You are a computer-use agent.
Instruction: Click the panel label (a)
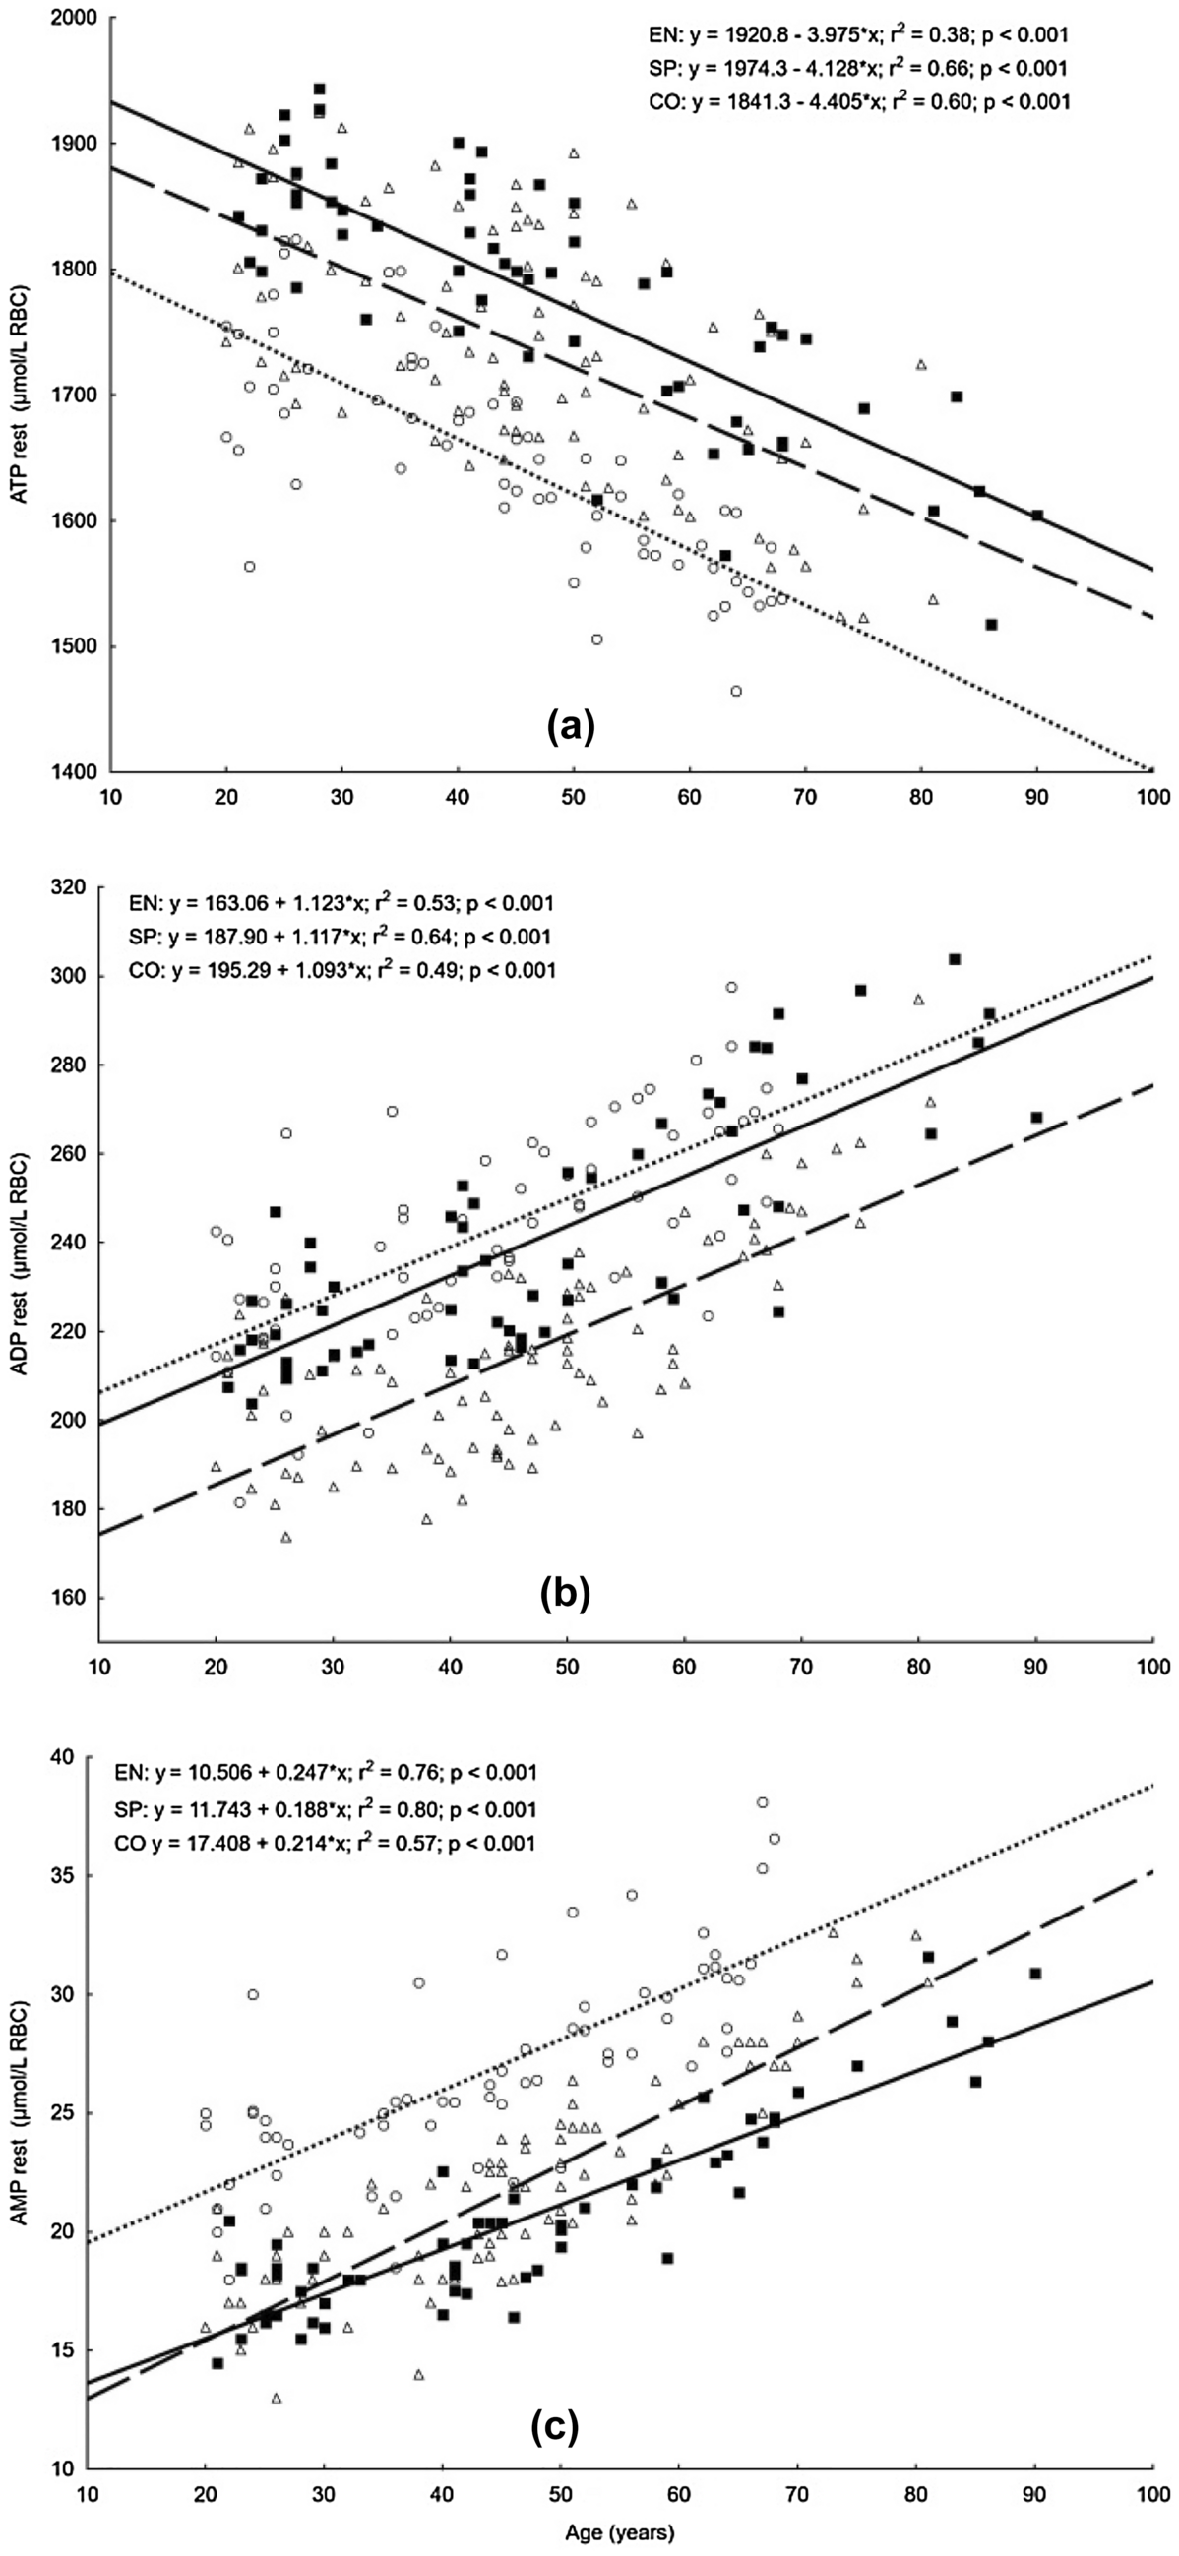click(571, 727)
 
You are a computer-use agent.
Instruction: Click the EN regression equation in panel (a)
click(856, 35)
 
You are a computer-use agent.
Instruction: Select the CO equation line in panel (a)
click(857, 100)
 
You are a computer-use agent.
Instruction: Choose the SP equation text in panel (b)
click(341, 937)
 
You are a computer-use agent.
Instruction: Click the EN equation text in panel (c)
click(326, 1773)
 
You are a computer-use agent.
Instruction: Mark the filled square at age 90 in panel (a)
click(1037, 515)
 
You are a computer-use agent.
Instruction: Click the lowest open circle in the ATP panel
click(736, 691)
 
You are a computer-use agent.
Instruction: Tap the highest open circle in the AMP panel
click(762, 1803)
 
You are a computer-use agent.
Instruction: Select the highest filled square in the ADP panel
click(955, 959)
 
